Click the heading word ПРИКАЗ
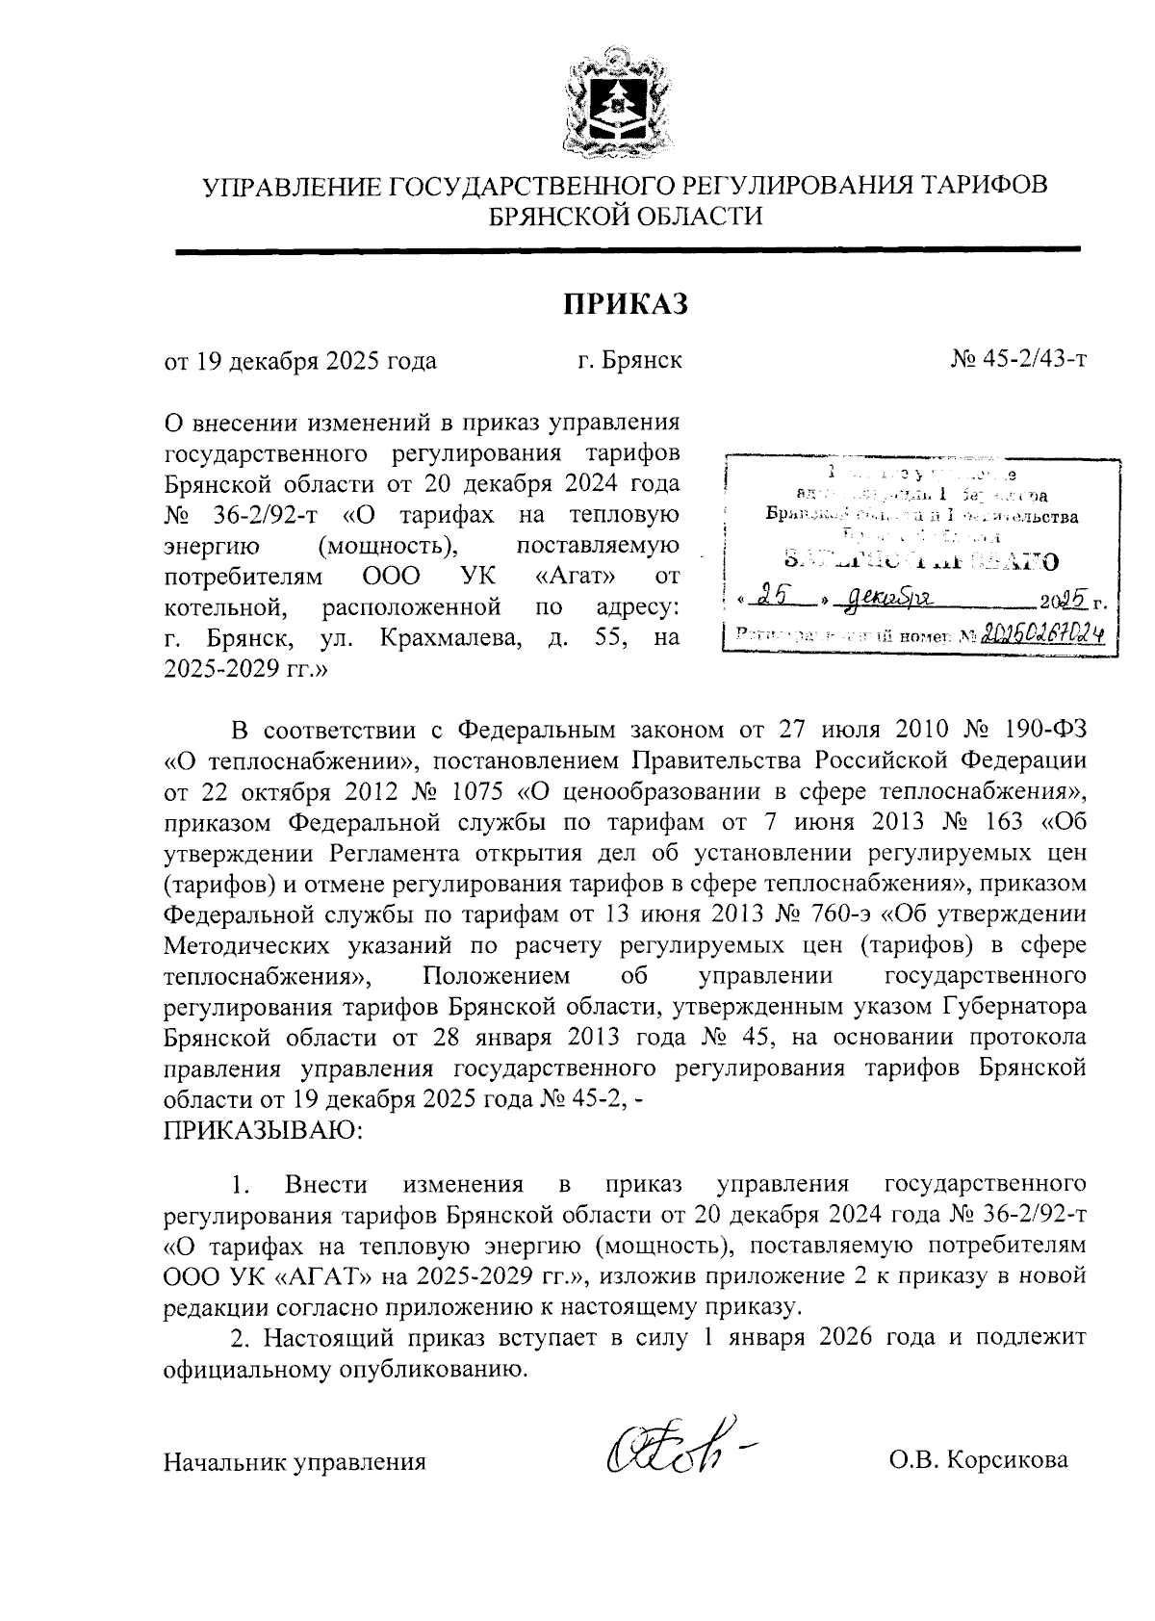click(x=627, y=304)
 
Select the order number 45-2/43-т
click(x=1032, y=361)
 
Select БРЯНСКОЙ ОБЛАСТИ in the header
click(x=627, y=217)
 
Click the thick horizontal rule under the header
click(x=627, y=251)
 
